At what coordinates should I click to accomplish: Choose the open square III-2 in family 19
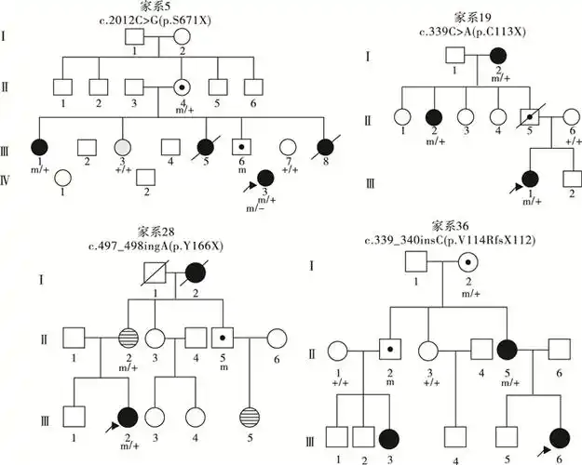(569, 178)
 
